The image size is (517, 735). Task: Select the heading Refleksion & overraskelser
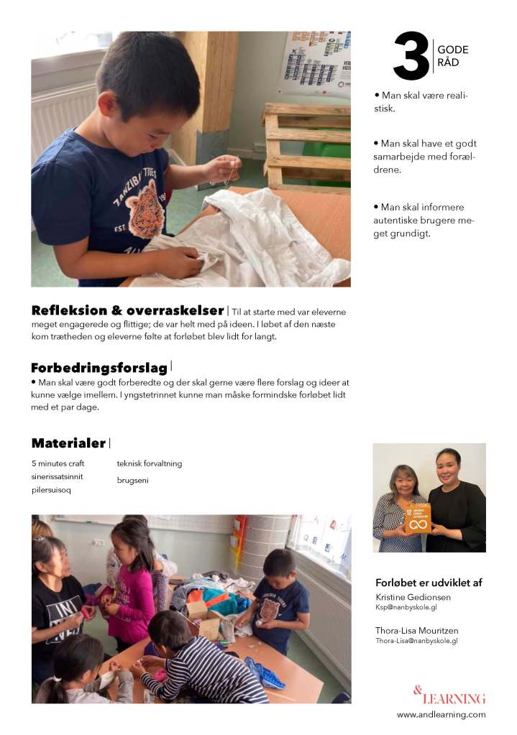click(x=127, y=310)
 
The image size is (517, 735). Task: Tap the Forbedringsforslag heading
click(x=99, y=368)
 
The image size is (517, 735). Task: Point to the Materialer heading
click(x=68, y=443)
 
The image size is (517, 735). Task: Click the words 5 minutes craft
click(x=58, y=463)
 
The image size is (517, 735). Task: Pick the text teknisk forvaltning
click(x=150, y=463)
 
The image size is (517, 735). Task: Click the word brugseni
click(x=133, y=479)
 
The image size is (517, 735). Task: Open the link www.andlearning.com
click(x=441, y=714)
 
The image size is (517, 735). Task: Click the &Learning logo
click(x=449, y=695)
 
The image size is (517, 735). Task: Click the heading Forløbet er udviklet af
click(x=429, y=583)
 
